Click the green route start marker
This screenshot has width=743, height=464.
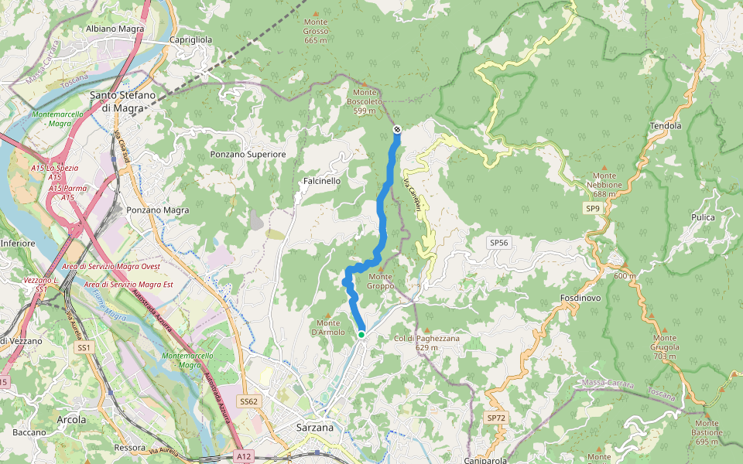[x=361, y=334]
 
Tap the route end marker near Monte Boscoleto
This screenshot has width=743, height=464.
[x=397, y=130]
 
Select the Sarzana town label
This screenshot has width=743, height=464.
[x=315, y=427]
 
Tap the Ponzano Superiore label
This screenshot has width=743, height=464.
[x=248, y=155]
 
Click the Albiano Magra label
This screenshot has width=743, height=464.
[x=116, y=29]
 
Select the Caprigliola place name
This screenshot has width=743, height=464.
[x=191, y=40]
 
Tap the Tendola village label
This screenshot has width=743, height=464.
[x=666, y=125]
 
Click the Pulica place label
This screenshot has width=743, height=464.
[x=703, y=217]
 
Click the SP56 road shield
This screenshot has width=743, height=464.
[x=498, y=243]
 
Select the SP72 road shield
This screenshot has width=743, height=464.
[x=495, y=418]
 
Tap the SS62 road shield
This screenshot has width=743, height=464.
[x=248, y=401]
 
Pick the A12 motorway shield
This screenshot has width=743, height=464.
[x=244, y=457]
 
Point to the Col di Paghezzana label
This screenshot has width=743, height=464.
[x=426, y=343]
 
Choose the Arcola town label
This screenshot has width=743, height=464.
[x=71, y=419]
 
